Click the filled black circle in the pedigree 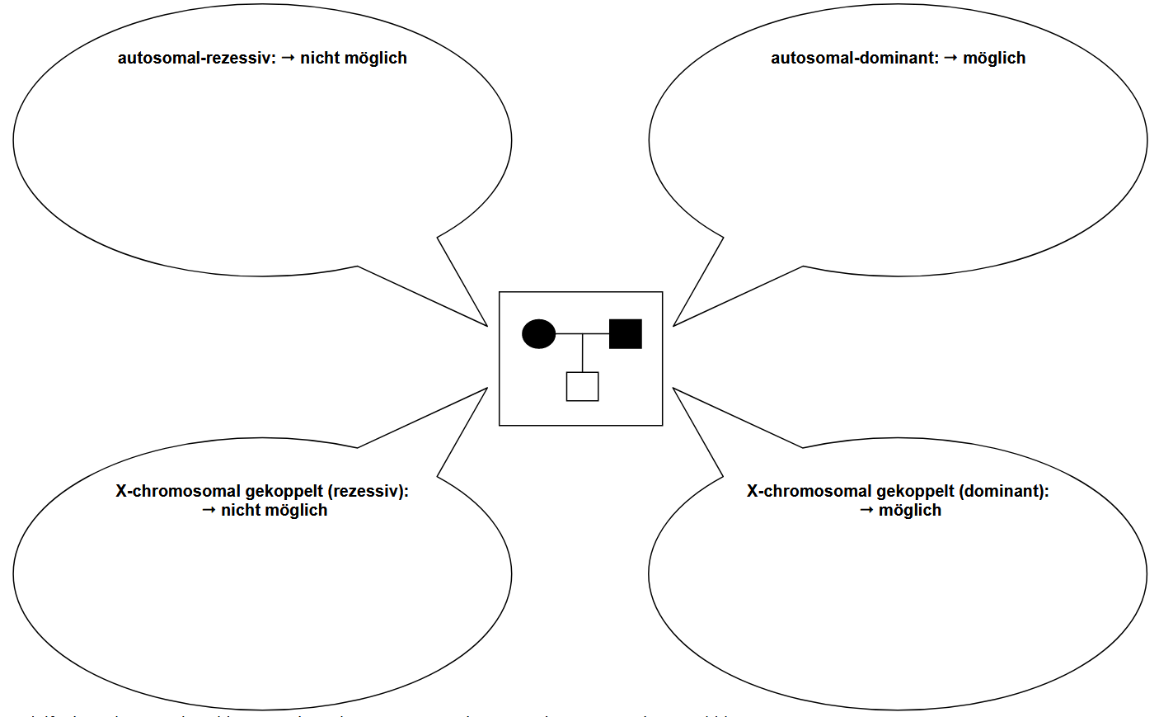(x=538, y=333)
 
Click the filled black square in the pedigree (x=625, y=333)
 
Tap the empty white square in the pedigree (x=582, y=386)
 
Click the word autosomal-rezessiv (x=196, y=58)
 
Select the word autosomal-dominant (x=854, y=58)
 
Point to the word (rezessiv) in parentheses (x=368, y=491)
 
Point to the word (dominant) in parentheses (x=1003, y=491)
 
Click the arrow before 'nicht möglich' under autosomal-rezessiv (x=288, y=58)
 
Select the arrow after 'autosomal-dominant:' (x=950, y=58)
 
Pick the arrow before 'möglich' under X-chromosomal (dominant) (x=866, y=510)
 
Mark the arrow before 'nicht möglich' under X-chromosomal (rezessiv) (x=209, y=510)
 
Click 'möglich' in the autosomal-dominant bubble (x=994, y=58)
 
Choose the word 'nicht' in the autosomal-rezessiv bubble (x=320, y=58)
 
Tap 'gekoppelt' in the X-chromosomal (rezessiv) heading (x=284, y=491)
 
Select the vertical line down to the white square (x=582, y=353)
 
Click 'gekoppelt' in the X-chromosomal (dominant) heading (x=916, y=491)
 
